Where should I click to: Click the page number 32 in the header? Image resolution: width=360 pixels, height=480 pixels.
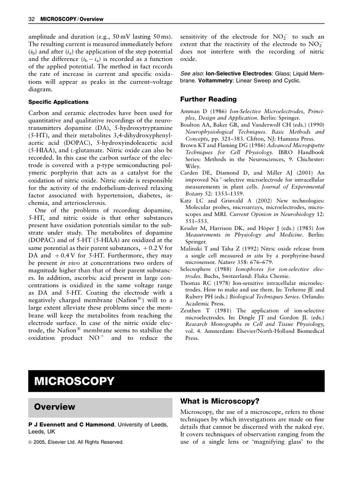click(x=31, y=19)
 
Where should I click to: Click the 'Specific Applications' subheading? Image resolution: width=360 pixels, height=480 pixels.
click(x=58, y=102)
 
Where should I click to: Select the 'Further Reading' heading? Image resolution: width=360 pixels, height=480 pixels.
click(x=208, y=99)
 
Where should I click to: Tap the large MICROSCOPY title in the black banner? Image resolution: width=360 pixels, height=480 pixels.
click(x=74, y=381)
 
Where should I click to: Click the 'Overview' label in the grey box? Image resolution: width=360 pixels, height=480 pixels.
click(x=54, y=407)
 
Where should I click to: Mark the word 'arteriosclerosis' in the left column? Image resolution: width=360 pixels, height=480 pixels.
click(x=82, y=202)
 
